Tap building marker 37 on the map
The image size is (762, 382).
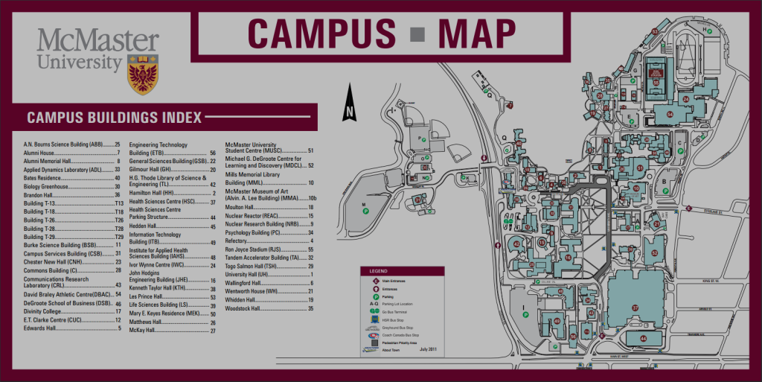coord(635,307)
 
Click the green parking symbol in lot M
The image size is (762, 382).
coord(365,211)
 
